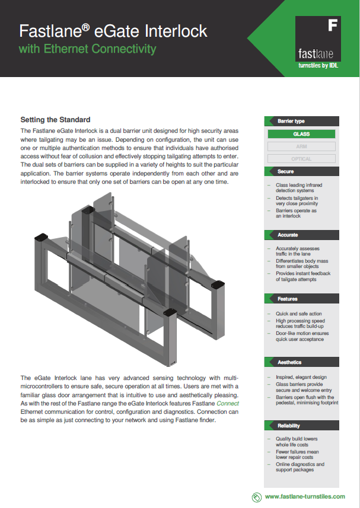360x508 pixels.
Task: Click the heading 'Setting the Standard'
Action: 55,120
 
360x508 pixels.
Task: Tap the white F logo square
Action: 333,25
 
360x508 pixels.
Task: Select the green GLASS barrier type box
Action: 301,134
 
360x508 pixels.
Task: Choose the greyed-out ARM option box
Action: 301,146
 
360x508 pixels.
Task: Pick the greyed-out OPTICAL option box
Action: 301,159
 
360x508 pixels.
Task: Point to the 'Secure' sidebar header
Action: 285,171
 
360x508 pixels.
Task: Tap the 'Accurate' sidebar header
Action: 288,235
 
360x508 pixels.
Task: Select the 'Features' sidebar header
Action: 288,299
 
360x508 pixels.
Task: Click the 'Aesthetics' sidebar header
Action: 289,362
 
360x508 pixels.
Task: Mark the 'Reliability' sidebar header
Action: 289,426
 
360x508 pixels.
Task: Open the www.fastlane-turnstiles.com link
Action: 305,497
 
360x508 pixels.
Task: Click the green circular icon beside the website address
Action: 256,497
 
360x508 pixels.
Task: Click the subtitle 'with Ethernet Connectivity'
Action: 88,49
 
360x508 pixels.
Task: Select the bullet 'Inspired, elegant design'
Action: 301,377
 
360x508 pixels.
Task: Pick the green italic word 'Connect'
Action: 228,402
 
